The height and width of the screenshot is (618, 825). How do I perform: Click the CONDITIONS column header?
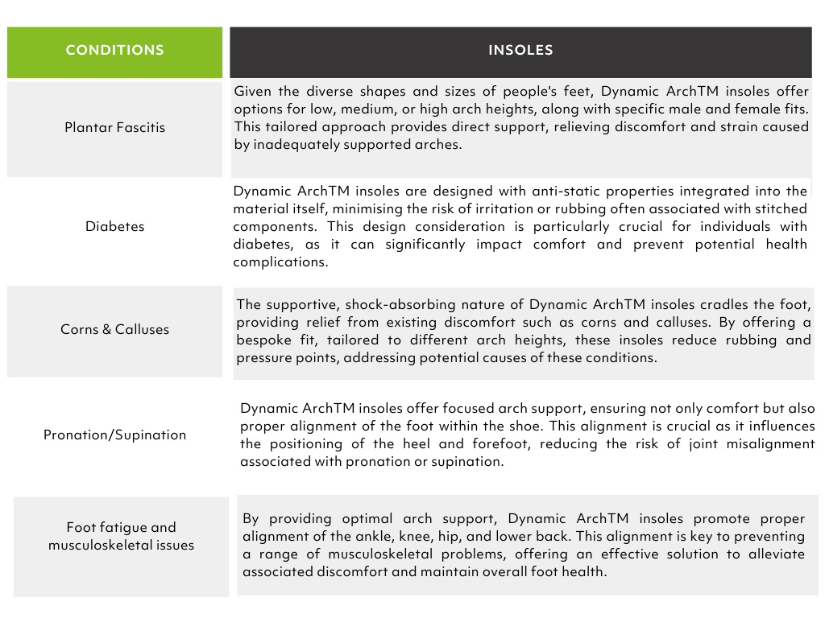tap(114, 50)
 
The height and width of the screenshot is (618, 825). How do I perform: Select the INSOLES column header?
tap(520, 50)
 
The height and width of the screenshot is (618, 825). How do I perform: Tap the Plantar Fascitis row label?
tap(114, 127)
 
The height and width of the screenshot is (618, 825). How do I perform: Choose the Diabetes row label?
tap(115, 226)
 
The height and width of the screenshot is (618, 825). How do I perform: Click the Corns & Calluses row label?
tap(115, 329)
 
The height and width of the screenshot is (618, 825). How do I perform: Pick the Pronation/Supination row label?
tap(115, 435)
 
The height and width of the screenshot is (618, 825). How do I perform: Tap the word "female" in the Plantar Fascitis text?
tap(726, 109)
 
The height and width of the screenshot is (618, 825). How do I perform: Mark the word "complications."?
tap(280, 262)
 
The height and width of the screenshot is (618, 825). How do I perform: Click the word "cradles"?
tap(725, 304)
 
